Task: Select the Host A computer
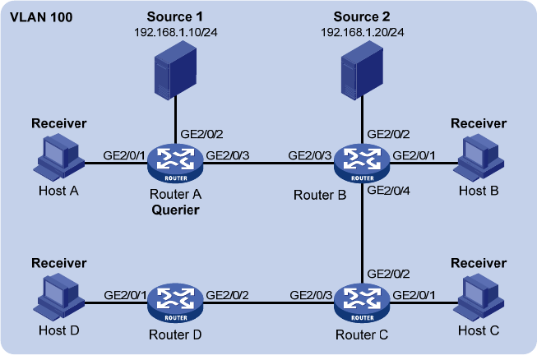pyautogui.click(x=59, y=157)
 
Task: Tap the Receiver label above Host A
pyautogui.click(x=58, y=123)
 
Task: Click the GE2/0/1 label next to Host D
pyautogui.click(x=124, y=293)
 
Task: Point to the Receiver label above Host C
pyautogui.click(x=479, y=263)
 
